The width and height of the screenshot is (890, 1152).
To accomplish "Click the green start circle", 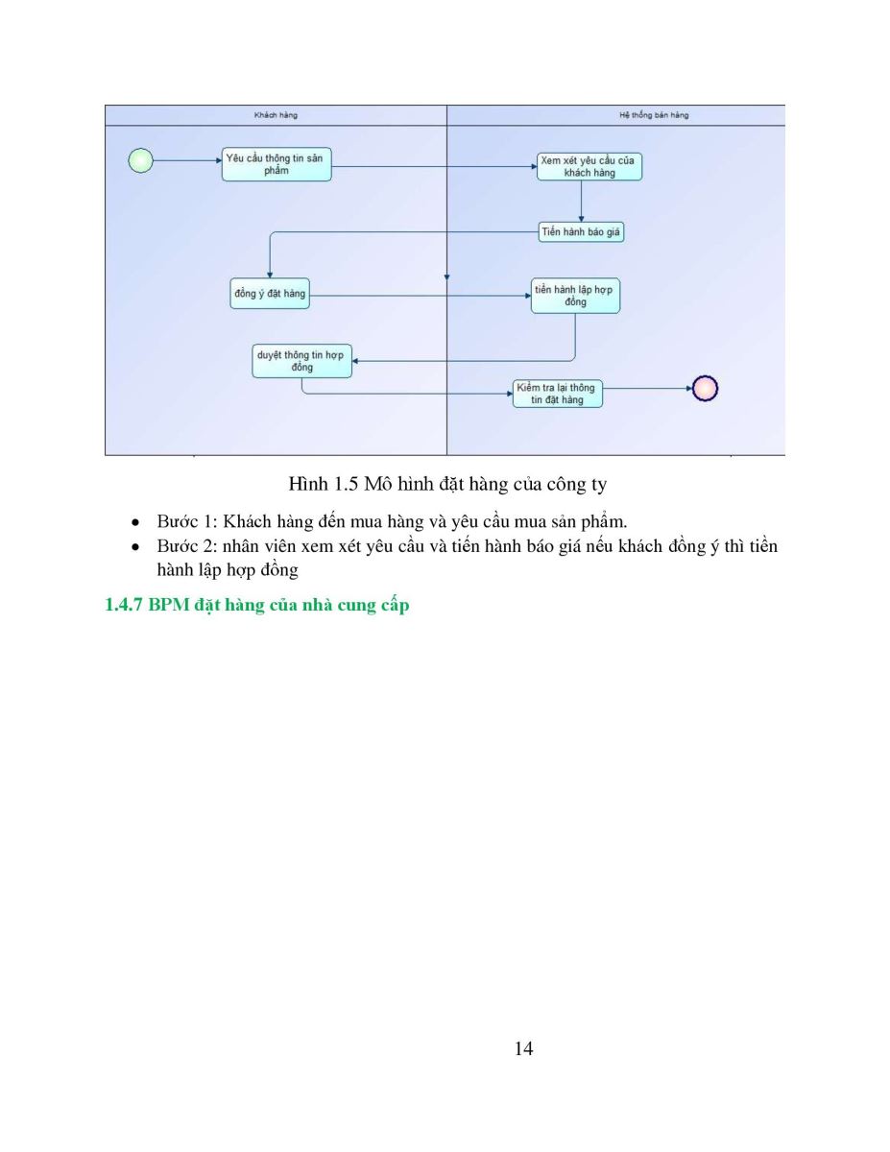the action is [140, 160].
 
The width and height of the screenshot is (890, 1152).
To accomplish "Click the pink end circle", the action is [705, 388].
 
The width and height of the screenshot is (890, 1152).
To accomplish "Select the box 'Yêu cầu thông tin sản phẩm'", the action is [277, 164].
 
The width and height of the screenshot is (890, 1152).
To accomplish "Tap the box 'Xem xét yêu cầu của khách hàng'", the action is [589, 166].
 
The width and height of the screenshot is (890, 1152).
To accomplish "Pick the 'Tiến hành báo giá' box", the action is [581, 232].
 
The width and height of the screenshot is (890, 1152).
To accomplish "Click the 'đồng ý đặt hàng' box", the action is [270, 293].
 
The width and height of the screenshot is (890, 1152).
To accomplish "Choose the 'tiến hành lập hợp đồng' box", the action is [575, 296].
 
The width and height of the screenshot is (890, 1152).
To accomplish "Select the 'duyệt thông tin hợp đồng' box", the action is [301, 361].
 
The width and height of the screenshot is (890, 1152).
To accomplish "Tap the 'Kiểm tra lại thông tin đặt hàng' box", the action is [557, 394].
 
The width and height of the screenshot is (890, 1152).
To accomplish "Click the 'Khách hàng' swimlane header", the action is [276, 115].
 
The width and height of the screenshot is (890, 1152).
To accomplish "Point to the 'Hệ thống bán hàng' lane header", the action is [654, 115].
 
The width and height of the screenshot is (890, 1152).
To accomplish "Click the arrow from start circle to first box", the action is [187, 160].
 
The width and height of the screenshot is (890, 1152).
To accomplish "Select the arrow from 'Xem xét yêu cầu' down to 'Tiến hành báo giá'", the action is [581, 202].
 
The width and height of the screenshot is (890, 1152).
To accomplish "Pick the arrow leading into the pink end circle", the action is [647, 388].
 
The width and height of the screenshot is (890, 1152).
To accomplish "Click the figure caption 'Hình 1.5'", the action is [324, 484].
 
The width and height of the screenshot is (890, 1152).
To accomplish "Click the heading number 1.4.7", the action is [124, 605].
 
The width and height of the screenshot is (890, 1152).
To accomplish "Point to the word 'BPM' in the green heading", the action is [169, 605].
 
